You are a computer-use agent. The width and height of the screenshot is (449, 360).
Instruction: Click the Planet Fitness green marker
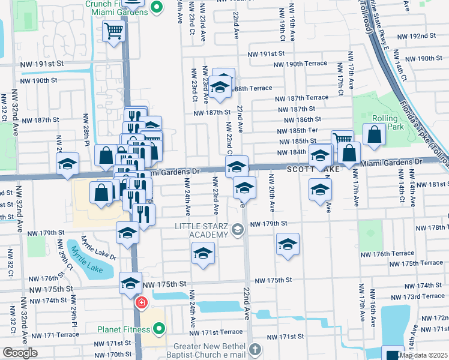159,328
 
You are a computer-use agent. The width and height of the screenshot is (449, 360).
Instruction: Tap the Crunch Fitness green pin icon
157,8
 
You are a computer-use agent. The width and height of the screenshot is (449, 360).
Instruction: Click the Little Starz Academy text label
202,230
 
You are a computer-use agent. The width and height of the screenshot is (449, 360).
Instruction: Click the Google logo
20,353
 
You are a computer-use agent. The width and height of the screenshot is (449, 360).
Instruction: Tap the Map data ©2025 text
423,355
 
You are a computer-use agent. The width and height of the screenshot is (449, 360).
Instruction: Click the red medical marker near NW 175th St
141,302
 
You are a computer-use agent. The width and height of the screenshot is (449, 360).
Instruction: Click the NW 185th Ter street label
297,131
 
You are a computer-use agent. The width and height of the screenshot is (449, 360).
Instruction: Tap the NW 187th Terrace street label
302,98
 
